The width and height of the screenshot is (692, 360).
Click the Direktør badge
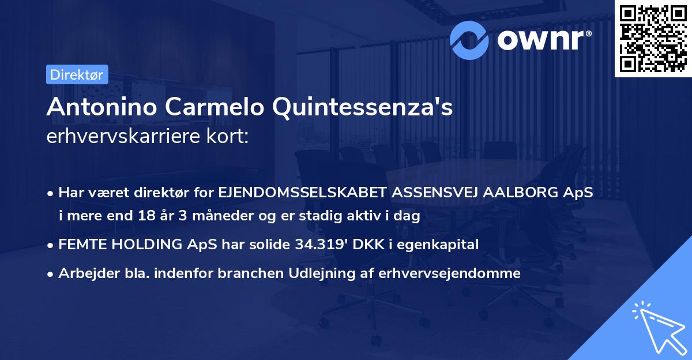(77, 74)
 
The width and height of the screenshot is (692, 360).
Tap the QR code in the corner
(653, 39)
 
